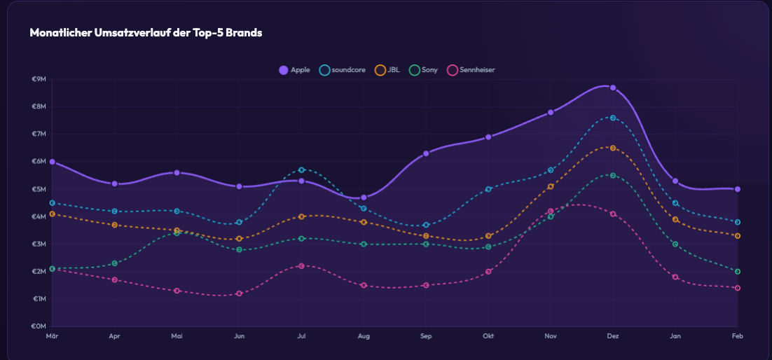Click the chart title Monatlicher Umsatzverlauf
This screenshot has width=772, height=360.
pyautogui.click(x=146, y=33)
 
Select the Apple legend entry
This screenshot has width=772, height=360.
pyautogui.click(x=295, y=70)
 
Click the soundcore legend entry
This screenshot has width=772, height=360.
pyautogui.click(x=343, y=70)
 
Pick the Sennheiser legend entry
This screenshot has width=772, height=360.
pyautogui.click(x=471, y=70)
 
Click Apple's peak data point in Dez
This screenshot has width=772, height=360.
pyautogui.click(x=613, y=88)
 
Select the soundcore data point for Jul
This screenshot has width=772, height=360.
pyautogui.click(x=301, y=169)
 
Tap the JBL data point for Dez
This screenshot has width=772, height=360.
pyautogui.click(x=613, y=148)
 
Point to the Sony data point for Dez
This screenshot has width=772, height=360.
pyautogui.click(x=613, y=175)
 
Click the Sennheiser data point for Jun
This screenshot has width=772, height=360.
pyautogui.click(x=239, y=293)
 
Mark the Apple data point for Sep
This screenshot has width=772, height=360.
pyautogui.click(x=426, y=153)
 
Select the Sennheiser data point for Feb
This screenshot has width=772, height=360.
pyautogui.click(x=738, y=288)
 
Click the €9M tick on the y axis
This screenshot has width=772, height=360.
pyautogui.click(x=39, y=79)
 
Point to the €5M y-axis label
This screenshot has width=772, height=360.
pyautogui.click(x=39, y=189)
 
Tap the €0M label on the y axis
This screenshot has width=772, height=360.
pyautogui.click(x=39, y=326)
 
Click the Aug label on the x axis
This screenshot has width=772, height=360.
pyautogui.click(x=364, y=337)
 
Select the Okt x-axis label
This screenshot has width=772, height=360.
pyautogui.click(x=488, y=337)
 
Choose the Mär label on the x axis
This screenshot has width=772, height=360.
pyautogui.click(x=52, y=337)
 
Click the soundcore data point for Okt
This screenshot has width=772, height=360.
pyautogui.click(x=488, y=189)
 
